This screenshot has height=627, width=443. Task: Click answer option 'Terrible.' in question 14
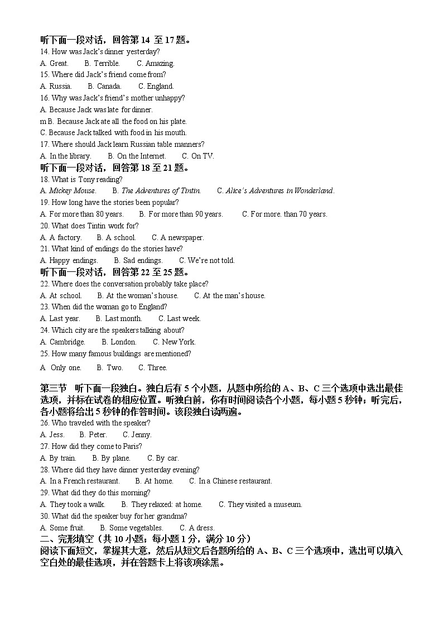coord(107,63)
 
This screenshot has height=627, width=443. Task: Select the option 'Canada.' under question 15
coord(109,86)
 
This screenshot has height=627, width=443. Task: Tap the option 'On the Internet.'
coord(141,156)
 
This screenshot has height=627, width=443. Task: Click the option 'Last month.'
coord(123,318)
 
